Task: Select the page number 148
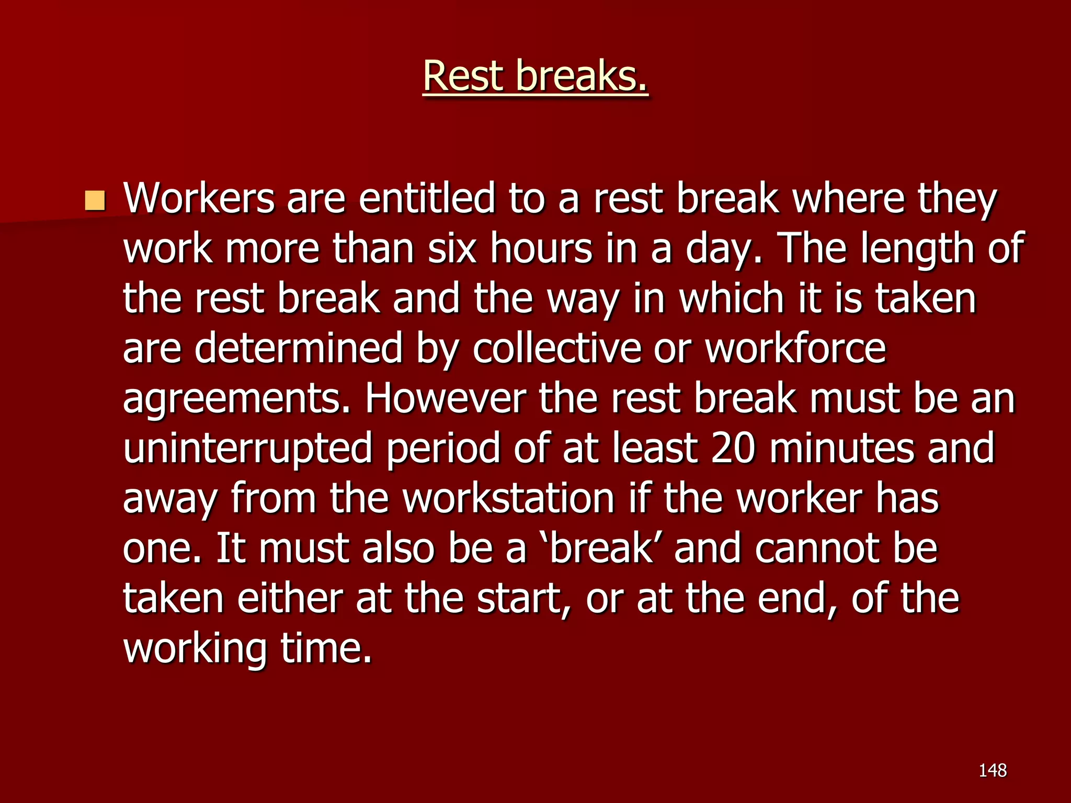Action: [993, 770]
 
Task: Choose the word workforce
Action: [795, 349]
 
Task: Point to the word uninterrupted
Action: [247, 449]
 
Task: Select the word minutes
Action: [841, 449]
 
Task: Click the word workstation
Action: [509, 499]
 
